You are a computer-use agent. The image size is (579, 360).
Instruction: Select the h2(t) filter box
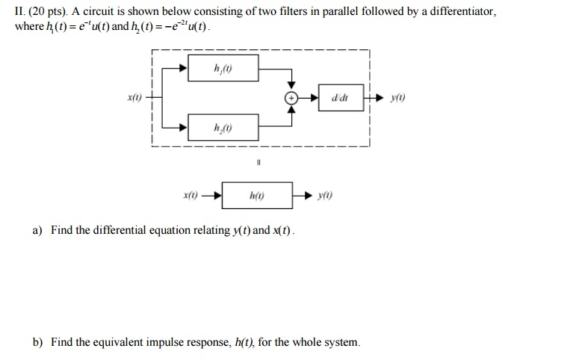tap(223, 128)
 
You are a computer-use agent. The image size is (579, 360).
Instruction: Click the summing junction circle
tap(293, 99)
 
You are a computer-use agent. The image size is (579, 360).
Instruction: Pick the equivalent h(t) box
tap(257, 196)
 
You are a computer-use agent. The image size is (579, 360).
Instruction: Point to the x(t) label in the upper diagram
tap(134, 99)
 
